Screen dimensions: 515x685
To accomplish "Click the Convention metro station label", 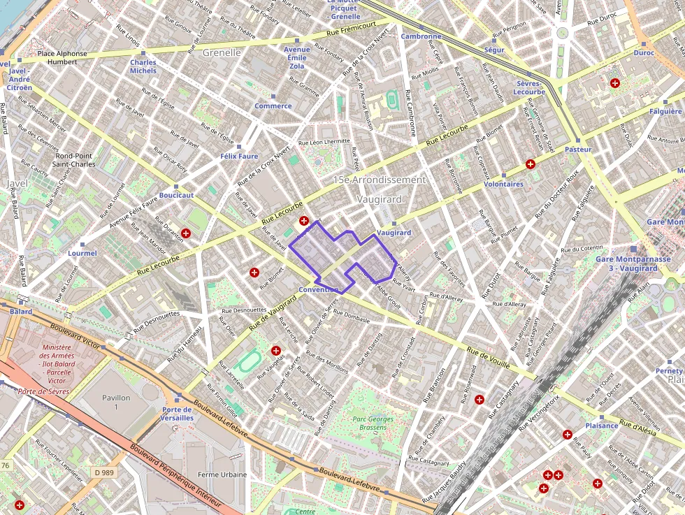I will point(318,289).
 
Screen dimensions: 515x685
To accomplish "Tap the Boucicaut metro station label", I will point(176,195).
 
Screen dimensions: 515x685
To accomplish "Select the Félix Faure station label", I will point(238,156).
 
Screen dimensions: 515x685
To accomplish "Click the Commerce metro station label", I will point(273,106).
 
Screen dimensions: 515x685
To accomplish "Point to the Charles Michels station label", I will point(143,66).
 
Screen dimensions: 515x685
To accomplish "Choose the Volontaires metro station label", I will point(503,184).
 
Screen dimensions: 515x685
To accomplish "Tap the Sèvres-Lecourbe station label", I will point(528,87).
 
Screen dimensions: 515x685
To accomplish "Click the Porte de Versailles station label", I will point(178,413).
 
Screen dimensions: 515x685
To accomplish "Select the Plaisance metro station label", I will point(601,425).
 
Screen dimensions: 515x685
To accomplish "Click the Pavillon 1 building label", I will point(117,402).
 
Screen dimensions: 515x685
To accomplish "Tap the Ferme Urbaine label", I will point(222,474).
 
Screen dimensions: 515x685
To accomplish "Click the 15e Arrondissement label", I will point(379,180).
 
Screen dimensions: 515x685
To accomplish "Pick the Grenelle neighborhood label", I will point(221,52).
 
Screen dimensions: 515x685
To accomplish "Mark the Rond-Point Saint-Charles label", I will point(75,160).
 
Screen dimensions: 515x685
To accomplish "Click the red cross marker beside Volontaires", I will point(531,164).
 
